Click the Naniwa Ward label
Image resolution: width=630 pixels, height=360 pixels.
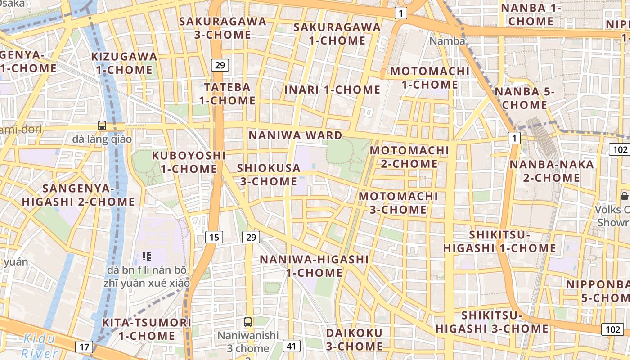pyautogui.click(x=295, y=135)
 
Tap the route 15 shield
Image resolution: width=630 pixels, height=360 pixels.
pyautogui.click(x=214, y=237)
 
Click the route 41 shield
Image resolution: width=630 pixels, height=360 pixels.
pyautogui.click(x=292, y=346)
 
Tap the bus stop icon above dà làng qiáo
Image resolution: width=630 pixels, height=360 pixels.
pyautogui.click(x=102, y=126)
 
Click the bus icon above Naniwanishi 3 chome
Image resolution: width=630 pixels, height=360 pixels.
pyautogui.click(x=248, y=322)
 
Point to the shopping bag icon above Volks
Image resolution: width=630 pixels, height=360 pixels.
pyautogui.click(x=624, y=196)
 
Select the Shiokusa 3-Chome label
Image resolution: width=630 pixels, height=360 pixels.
pyautogui.click(x=269, y=175)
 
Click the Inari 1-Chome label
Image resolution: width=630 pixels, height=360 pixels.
pyautogui.click(x=333, y=90)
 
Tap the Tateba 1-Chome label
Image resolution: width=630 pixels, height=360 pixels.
pyautogui.click(x=227, y=94)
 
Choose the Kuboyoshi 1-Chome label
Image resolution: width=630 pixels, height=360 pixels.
pyautogui.click(x=189, y=162)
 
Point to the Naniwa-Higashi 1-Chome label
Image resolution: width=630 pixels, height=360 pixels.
pyautogui.click(x=314, y=266)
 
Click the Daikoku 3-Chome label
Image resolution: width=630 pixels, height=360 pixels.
pyautogui.click(x=354, y=340)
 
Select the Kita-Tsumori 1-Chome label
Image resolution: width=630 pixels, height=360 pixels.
pyautogui.click(x=147, y=329)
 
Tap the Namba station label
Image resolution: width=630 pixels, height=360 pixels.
pyautogui.click(x=447, y=41)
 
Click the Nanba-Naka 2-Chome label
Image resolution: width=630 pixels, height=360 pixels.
pyautogui.click(x=551, y=171)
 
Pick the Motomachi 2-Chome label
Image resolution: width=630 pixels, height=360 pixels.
pyautogui.click(x=409, y=157)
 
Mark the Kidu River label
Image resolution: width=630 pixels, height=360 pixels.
pyautogui.click(x=40, y=346)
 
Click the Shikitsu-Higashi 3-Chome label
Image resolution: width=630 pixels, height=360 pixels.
pyautogui.click(x=492, y=322)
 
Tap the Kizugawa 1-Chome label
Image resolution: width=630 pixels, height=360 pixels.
pyautogui.click(x=124, y=63)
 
